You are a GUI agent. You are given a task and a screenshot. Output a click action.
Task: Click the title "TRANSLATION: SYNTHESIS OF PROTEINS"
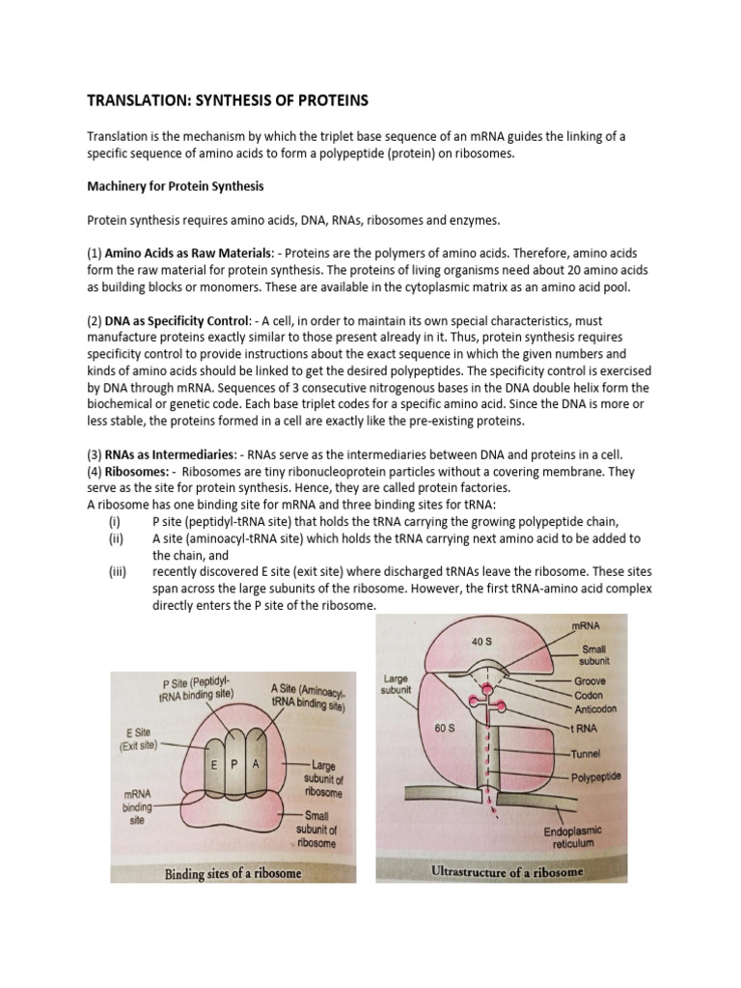228,99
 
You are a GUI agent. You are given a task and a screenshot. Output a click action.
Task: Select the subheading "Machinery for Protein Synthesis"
176,185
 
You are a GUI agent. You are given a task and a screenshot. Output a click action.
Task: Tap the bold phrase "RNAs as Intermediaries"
161,454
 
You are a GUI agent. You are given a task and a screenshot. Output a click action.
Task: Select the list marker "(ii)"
117,538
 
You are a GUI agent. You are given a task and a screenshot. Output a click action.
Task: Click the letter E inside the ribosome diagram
212,763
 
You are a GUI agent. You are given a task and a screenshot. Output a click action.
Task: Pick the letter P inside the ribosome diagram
234,763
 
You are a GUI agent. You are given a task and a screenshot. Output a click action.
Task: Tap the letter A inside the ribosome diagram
256,763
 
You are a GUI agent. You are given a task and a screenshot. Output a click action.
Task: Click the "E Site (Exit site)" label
134,739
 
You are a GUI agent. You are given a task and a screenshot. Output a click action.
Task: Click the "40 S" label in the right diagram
482,641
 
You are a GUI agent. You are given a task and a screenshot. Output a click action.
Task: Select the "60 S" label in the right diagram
444,728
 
